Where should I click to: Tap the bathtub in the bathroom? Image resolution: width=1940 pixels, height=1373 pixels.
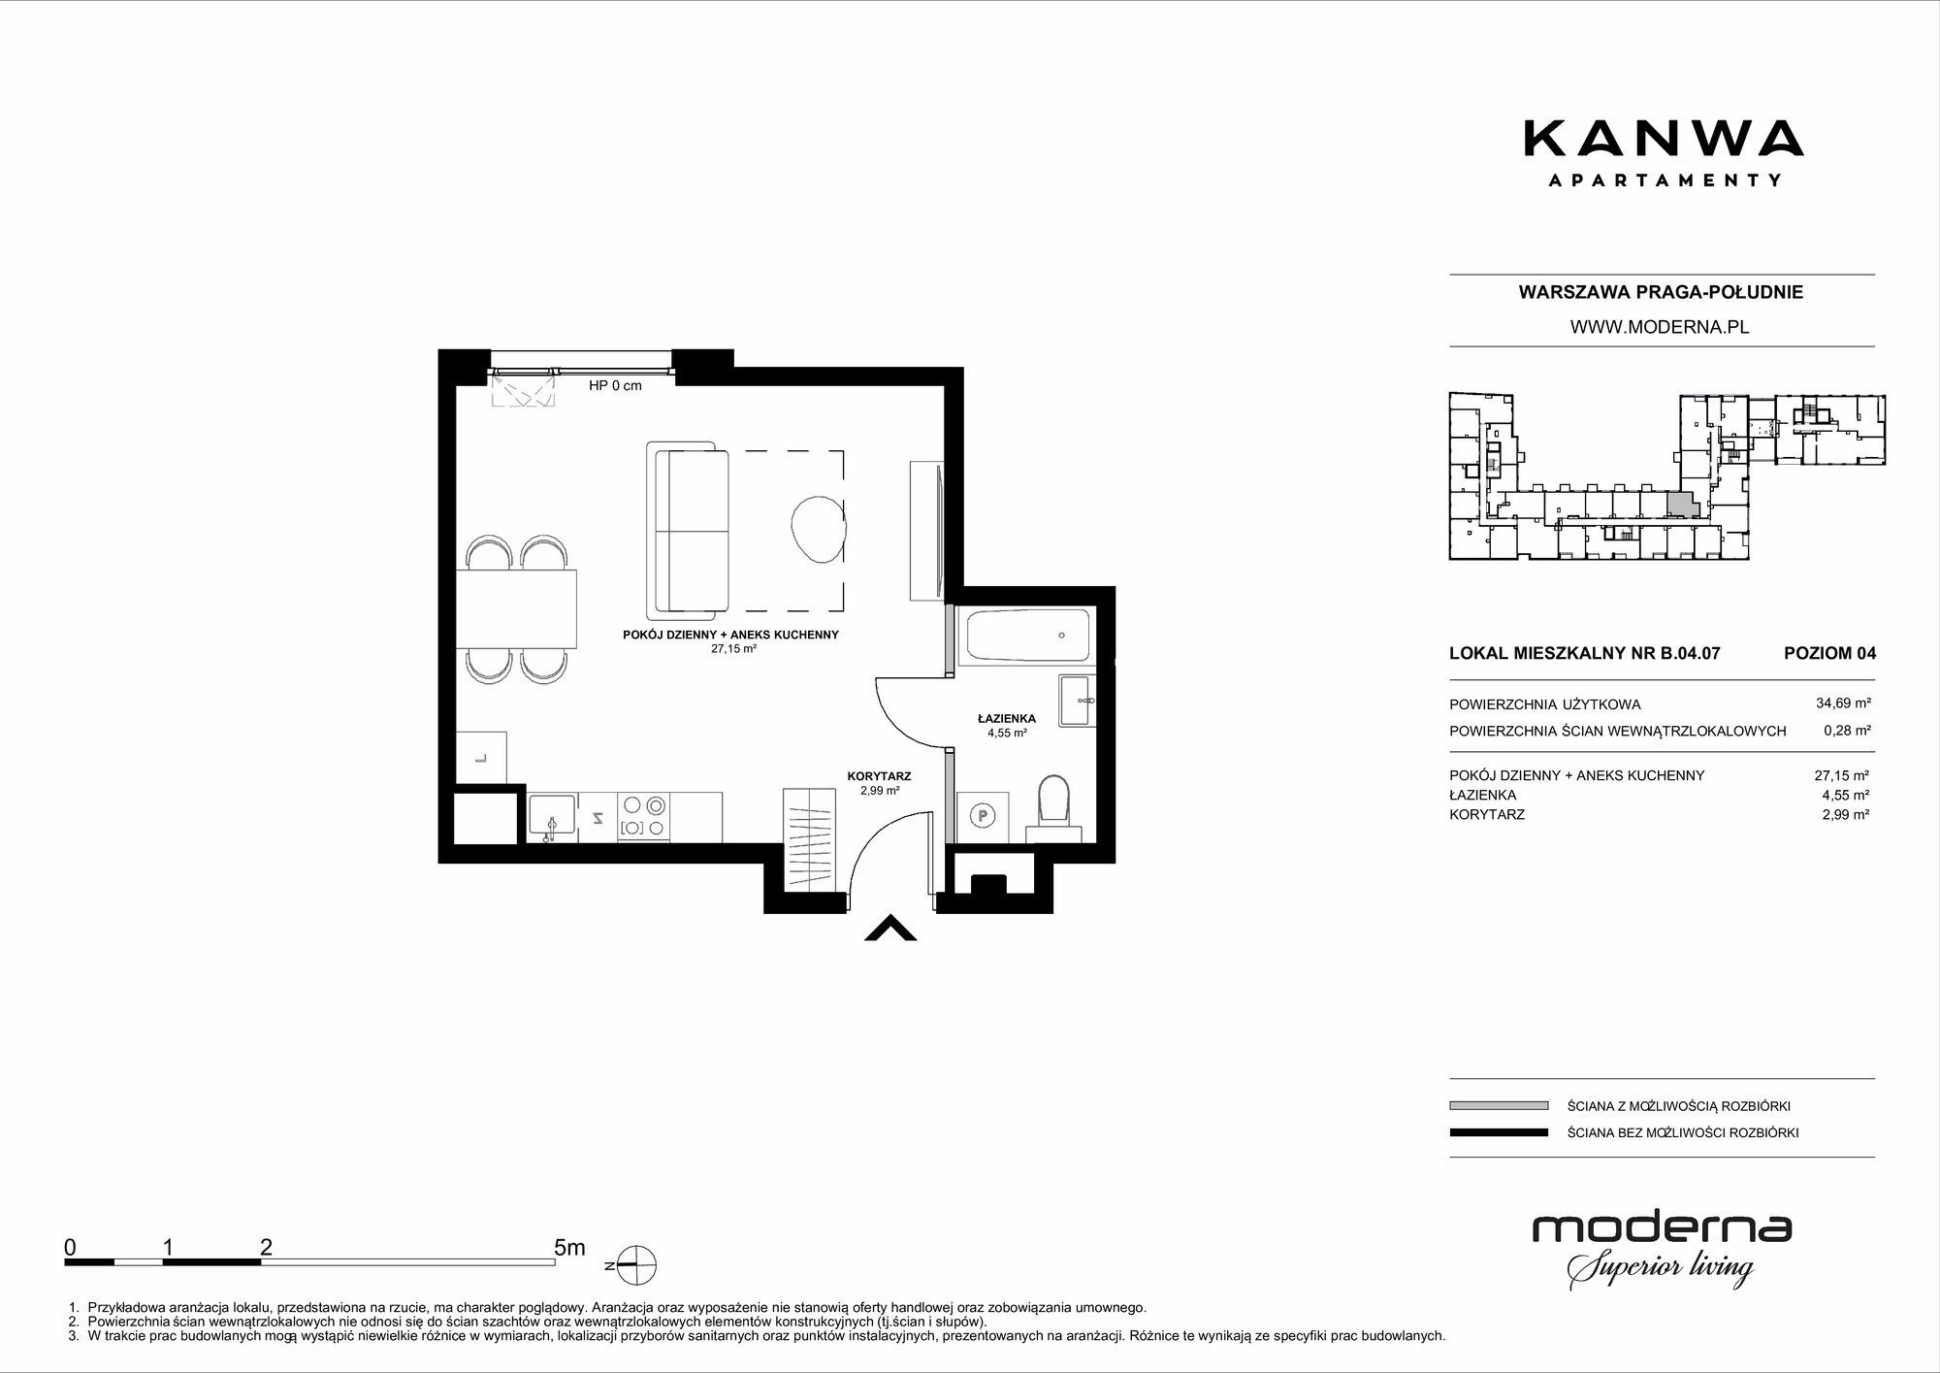(1028, 636)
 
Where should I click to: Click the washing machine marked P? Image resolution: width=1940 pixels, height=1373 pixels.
(983, 817)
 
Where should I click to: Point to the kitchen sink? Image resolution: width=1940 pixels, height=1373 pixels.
(552, 817)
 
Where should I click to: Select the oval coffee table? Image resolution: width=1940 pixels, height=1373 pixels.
(818, 530)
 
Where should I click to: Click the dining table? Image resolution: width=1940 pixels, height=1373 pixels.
(516, 608)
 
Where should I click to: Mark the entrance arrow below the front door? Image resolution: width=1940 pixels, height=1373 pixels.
(890, 929)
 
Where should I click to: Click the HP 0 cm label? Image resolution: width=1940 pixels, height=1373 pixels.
(615, 385)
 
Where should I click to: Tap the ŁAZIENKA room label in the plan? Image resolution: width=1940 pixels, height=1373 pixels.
(1007, 718)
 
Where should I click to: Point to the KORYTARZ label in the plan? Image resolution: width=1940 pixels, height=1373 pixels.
(879, 776)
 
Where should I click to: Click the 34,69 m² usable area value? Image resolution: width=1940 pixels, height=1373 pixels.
(1843, 703)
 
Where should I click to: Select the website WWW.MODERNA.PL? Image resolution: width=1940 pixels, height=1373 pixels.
(1660, 327)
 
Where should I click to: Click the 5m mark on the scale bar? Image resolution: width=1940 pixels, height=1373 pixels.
(569, 1248)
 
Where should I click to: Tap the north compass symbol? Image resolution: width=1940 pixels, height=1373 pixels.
(635, 1265)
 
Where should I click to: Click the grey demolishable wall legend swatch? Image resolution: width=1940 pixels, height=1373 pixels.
(1498, 1105)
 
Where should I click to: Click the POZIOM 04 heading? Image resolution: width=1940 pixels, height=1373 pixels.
(1829, 653)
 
